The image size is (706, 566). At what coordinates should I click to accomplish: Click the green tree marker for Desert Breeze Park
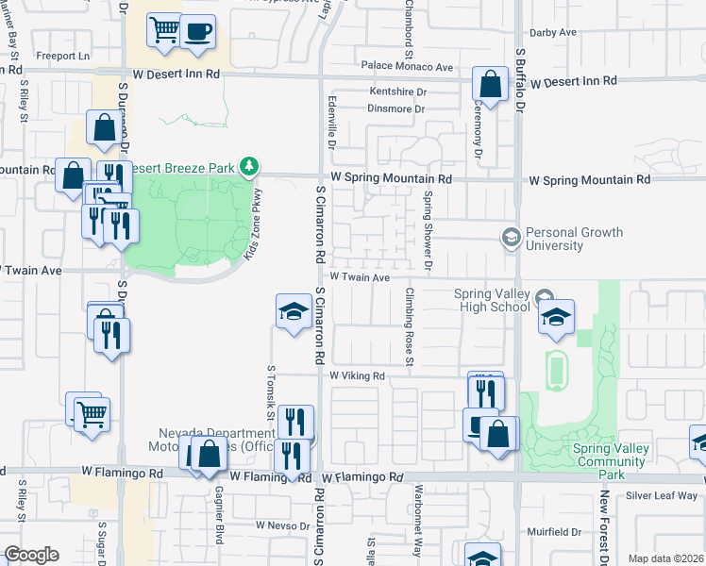coord(249,167)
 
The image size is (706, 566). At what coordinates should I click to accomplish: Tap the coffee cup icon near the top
coord(197,31)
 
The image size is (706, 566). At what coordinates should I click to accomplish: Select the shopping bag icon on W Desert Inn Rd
coord(491,84)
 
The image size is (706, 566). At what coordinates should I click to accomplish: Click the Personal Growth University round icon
coord(512,237)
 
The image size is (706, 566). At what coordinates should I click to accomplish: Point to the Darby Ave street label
coord(553,32)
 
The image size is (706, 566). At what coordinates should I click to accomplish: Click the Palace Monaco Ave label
coord(407,67)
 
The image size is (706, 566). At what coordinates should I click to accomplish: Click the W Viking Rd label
coord(358,375)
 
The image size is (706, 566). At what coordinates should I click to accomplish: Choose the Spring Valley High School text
coord(492,300)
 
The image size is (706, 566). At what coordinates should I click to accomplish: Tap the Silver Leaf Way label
coord(662,495)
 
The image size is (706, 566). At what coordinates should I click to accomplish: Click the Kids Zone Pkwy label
coord(254,224)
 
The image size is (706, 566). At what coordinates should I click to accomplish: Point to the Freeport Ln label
coord(62,56)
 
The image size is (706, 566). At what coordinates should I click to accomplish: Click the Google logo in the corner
coord(31,555)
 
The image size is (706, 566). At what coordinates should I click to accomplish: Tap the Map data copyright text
coord(665,558)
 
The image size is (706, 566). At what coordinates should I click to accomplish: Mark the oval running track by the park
coord(556,370)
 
